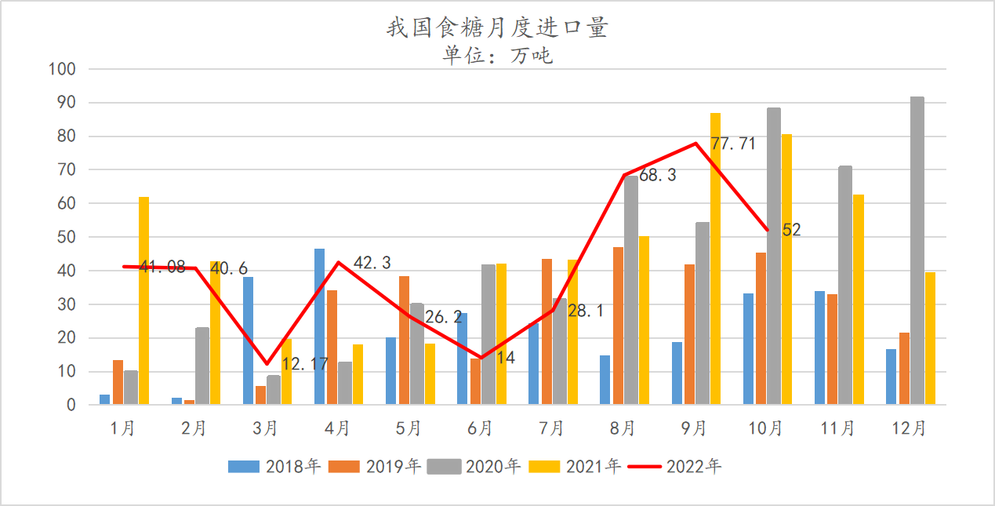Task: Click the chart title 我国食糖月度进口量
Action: click(497, 28)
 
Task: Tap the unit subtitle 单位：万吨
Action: click(497, 56)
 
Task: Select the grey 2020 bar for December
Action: click(917, 251)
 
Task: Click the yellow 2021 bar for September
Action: click(715, 259)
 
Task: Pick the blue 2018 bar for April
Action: click(319, 326)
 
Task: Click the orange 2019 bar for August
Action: click(619, 326)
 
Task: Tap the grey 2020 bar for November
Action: click(845, 286)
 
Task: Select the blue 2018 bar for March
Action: click(248, 340)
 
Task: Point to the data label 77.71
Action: click(734, 144)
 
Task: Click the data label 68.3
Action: click(657, 176)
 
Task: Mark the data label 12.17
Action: click(304, 364)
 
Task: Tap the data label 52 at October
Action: click(791, 230)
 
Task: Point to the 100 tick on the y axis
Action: click(62, 69)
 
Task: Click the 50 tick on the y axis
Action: click(66, 237)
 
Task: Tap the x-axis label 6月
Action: click(480, 428)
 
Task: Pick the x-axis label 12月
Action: click(910, 428)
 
